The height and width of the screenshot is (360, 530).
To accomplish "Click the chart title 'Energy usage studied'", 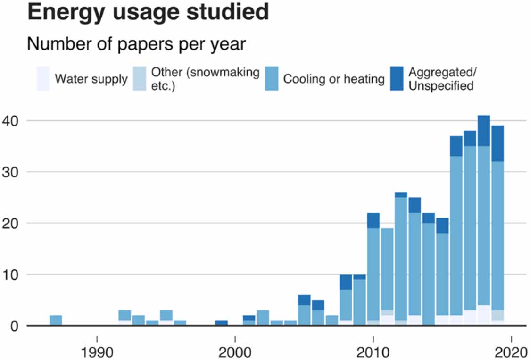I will click(148, 12).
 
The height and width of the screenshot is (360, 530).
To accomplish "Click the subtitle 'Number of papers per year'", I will click(136, 44).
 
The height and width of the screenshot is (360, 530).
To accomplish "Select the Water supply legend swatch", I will click(43, 78).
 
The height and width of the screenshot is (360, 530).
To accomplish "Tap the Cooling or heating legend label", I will click(334, 79).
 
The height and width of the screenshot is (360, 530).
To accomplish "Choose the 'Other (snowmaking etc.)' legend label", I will click(205, 79).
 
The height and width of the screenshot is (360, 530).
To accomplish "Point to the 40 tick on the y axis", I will click(11, 121).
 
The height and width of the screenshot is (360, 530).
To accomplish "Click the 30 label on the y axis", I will click(11, 172).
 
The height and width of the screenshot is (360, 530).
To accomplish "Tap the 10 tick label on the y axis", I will click(11, 275).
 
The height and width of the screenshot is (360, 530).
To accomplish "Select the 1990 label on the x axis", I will click(97, 352).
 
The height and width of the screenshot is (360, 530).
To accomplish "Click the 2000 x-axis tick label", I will click(235, 352).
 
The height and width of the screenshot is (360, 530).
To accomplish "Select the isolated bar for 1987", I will click(56, 320).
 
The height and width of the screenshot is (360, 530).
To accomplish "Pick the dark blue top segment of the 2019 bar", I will click(497, 143).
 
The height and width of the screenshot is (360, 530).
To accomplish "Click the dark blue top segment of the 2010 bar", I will click(373, 220).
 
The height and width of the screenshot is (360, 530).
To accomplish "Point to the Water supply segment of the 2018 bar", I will click(483, 315).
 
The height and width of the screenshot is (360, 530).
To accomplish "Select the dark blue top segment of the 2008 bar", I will click(346, 282).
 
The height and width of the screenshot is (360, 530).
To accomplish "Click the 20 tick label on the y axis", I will click(11, 223).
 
